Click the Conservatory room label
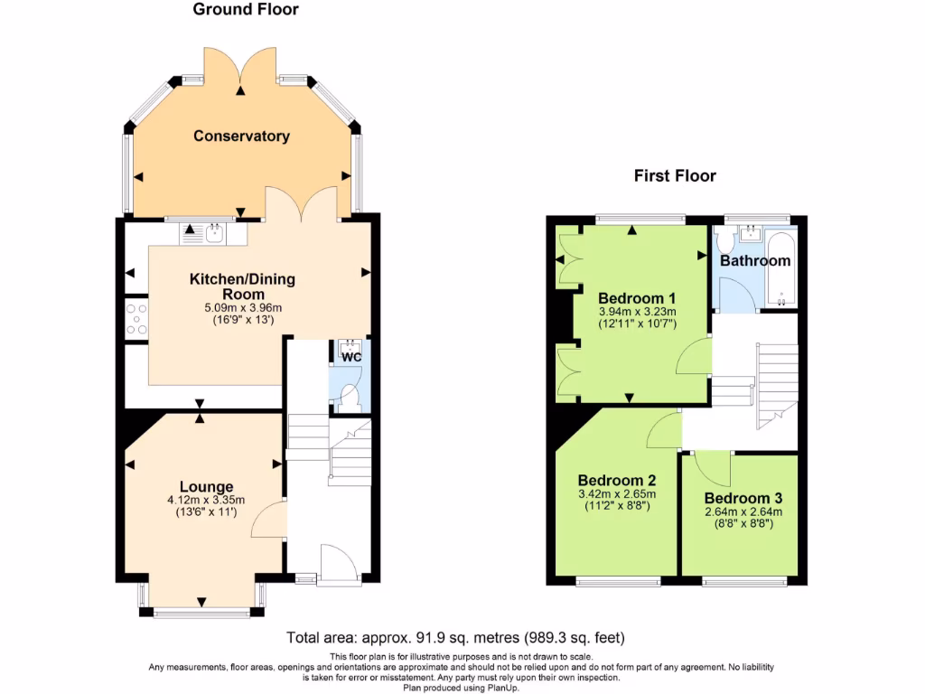click(241, 136)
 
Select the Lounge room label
click(206, 487)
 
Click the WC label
click(351, 357)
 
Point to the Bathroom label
click(755, 261)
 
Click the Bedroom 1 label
click(637, 298)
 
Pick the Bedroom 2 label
click(616, 481)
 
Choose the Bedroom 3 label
click(743, 498)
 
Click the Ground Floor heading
click(246, 10)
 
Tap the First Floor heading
click(675, 176)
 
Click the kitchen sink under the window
click(214, 235)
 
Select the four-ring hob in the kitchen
click(137, 320)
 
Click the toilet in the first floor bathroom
click(723, 241)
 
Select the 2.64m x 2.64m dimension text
click(743, 511)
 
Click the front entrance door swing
click(341, 562)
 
